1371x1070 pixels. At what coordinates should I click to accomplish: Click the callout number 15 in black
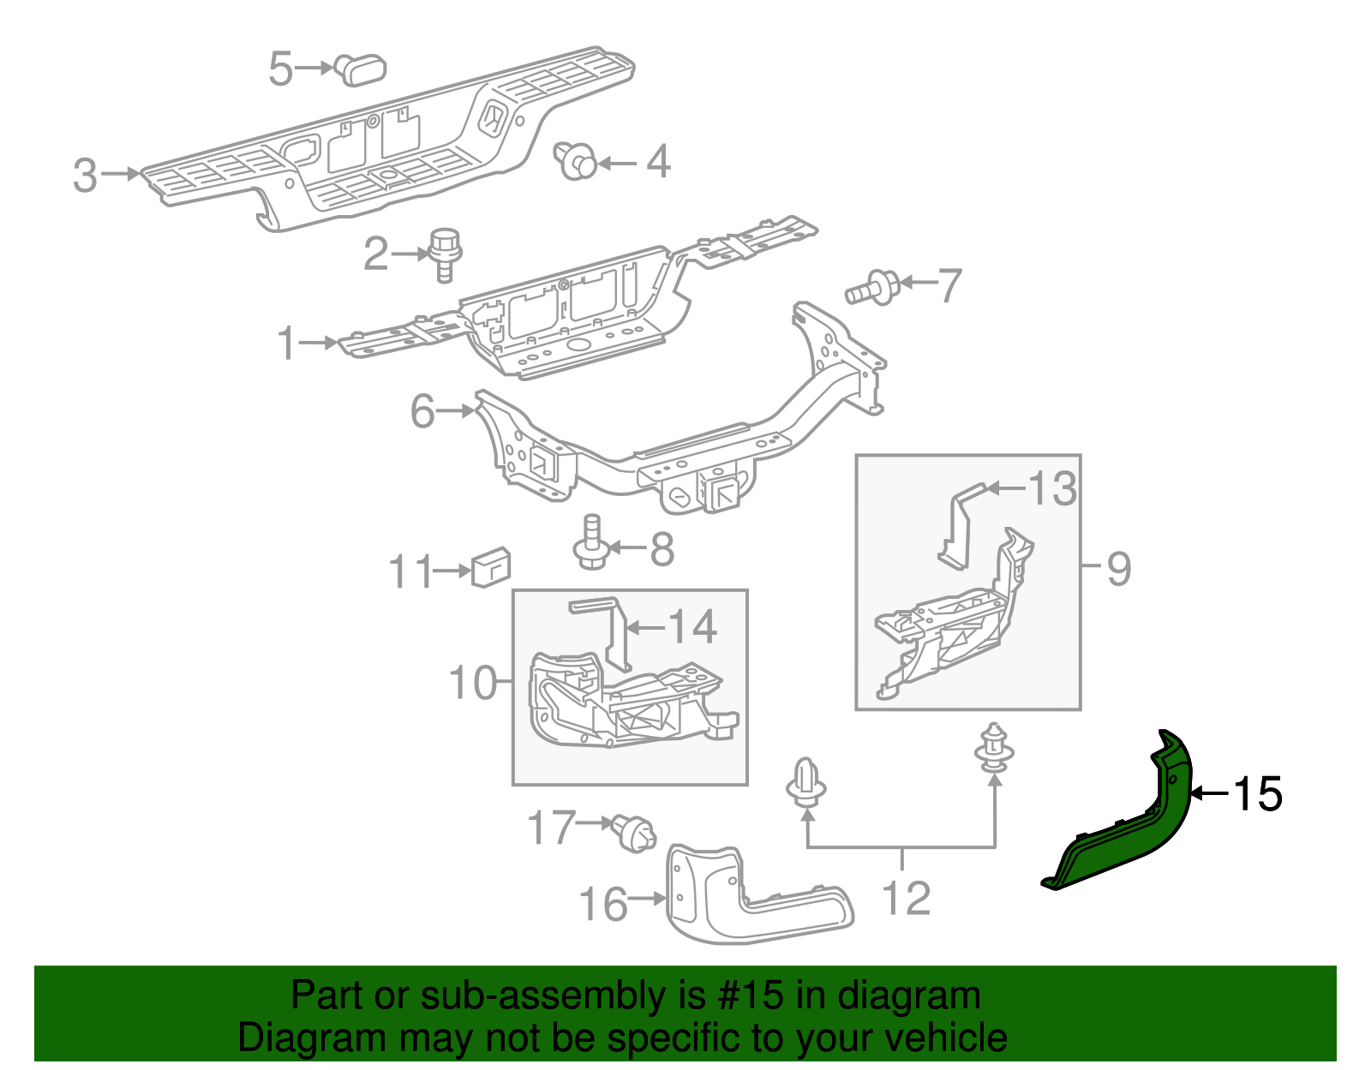click(1257, 794)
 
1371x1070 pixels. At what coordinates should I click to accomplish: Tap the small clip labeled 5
click(361, 69)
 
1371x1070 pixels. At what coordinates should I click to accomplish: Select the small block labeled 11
click(491, 566)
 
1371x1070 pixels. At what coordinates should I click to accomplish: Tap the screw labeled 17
click(635, 834)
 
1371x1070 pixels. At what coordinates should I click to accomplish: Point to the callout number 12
click(906, 899)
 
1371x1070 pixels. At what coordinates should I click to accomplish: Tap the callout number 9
click(1118, 569)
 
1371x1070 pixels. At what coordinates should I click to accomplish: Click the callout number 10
click(472, 683)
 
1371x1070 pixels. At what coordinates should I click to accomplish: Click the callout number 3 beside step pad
click(85, 175)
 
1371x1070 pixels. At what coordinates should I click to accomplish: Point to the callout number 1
click(287, 344)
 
